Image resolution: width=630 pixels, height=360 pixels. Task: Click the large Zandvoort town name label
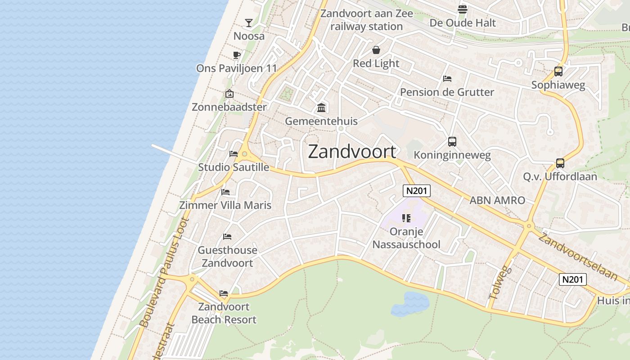(x=352, y=152)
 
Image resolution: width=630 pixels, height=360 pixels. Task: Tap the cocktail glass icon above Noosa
(x=249, y=22)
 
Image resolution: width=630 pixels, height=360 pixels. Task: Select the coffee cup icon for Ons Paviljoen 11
(x=236, y=55)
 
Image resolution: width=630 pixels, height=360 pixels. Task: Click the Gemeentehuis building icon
(x=321, y=108)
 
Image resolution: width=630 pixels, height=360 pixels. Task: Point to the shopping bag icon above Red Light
(x=376, y=50)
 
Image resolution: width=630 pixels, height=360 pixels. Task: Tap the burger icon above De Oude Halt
(x=463, y=9)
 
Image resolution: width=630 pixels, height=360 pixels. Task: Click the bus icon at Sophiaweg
(x=558, y=71)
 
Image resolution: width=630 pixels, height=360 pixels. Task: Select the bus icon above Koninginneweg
(x=452, y=142)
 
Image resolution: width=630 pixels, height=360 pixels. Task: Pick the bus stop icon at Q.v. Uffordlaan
(x=560, y=163)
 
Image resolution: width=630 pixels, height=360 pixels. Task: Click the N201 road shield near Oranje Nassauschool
(x=416, y=191)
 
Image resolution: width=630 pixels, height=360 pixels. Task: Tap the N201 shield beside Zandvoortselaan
(x=573, y=279)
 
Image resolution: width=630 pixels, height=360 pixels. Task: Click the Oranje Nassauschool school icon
(x=406, y=219)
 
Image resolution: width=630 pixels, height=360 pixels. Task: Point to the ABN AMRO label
(x=497, y=200)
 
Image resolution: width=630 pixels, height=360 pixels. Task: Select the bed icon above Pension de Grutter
(x=447, y=79)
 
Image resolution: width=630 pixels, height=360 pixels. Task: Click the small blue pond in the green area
(x=410, y=303)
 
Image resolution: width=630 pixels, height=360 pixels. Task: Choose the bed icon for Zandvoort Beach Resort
(x=224, y=293)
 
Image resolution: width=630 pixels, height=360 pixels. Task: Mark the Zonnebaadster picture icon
(x=229, y=94)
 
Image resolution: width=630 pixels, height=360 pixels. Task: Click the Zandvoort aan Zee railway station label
(x=366, y=20)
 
